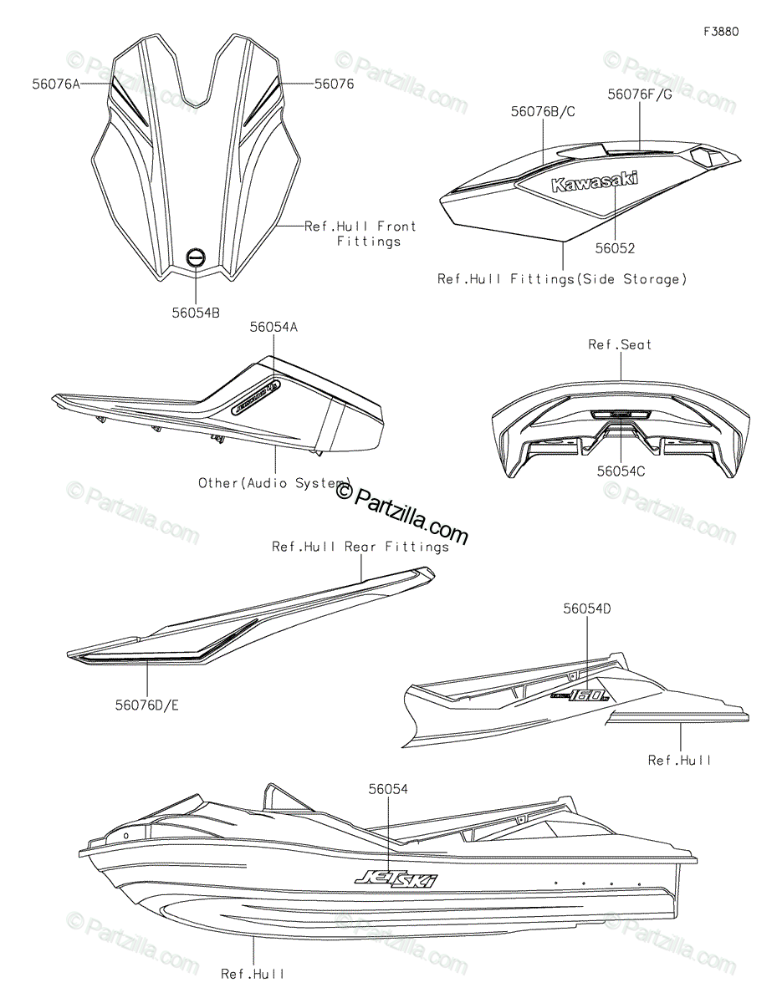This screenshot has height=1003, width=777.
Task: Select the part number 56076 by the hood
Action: click(x=335, y=84)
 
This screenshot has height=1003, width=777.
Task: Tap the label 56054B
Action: click(x=195, y=313)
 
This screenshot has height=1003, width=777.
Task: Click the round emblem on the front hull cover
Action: click(x=195, y=258)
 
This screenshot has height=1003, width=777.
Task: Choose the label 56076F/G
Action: click(x=640, y=94)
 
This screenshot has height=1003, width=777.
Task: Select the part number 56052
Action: click(x=615, y=248)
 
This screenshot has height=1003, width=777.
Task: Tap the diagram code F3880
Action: click(x=721, y=32)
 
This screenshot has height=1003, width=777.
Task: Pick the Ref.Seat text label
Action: click(x=620, y=344)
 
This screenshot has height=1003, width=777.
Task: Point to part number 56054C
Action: click(x=620, y=471)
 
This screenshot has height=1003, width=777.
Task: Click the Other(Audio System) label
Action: click(x=274, y=482)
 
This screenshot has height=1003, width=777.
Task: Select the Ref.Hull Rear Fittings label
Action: click(x=360, y=547)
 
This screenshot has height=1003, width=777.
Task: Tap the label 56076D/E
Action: click(x=147, y=705)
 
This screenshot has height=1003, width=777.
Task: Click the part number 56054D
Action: click(x=586, y=609)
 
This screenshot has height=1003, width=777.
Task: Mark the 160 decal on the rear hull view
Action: click(x=582, y=693)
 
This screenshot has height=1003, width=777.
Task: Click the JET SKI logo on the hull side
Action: click(x=396, y=878)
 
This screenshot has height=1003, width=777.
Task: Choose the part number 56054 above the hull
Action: click(x=388, y=788)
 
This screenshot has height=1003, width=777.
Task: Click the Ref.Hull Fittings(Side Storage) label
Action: click(x=561, y=279)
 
